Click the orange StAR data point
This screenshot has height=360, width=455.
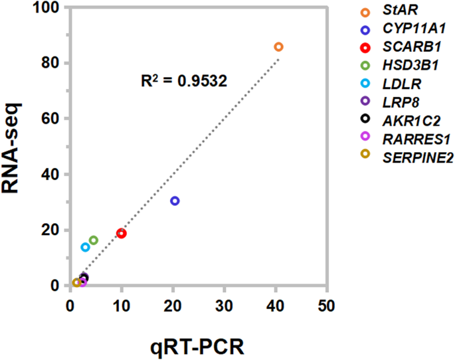pos(278,46)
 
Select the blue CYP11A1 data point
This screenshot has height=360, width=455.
pos(175,201)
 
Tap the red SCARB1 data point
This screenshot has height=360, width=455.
pos(122,233)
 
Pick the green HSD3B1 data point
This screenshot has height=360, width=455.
pos(94,240)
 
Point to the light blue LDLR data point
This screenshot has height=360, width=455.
pos(85,247)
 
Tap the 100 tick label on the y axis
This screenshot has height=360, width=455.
pos(48,8)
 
